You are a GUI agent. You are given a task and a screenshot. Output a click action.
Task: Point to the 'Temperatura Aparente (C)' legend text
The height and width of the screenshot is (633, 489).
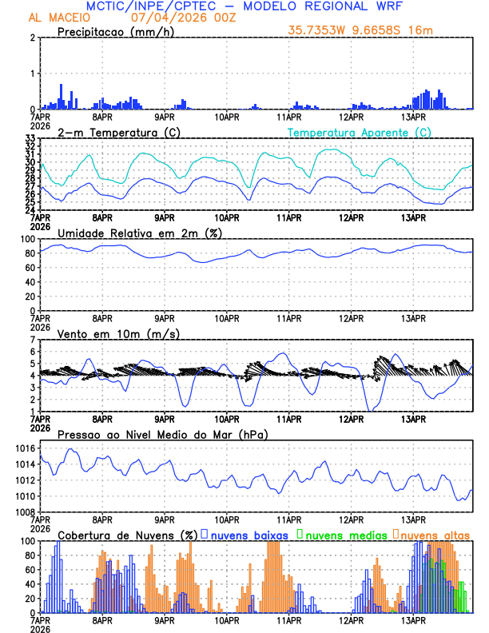coord(359,132)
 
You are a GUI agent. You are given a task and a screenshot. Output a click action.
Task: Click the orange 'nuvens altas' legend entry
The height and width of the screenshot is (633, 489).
coord(435,534)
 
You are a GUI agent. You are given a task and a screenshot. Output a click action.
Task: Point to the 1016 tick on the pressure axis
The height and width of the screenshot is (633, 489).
coord(26,448)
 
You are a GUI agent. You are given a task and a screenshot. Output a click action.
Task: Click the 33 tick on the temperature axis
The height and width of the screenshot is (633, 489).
coord(30,138)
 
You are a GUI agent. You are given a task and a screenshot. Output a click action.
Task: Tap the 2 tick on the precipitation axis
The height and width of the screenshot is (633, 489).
coord(32,38)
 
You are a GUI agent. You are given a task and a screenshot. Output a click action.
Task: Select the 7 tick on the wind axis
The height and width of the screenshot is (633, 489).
coord(32,340)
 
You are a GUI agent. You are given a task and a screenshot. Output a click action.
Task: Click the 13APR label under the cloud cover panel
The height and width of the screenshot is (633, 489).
coord(413,620)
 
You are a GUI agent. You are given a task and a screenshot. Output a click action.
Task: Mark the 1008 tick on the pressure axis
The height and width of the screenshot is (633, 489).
coord(26,512)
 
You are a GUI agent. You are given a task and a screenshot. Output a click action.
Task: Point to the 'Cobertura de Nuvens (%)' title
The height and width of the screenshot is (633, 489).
coord(128,534)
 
